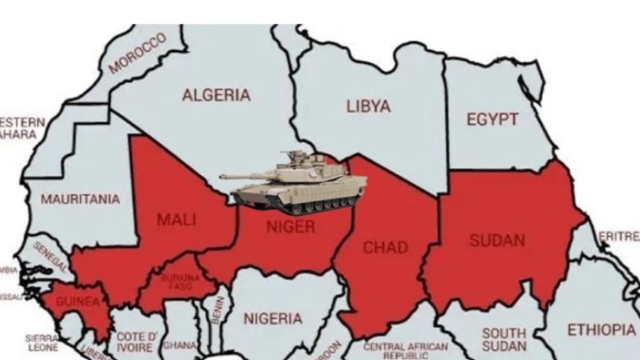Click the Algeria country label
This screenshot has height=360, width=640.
[217, 96]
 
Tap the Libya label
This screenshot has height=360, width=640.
[367, 107]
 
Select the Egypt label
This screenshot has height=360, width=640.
[491, 120]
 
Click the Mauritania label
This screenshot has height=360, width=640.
[80, 199]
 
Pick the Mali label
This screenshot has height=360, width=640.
[175, 219]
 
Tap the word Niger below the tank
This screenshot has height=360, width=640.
[291, 227]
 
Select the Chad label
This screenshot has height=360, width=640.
[385, 247]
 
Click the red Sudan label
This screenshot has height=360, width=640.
[497, 240]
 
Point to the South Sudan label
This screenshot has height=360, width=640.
[503, 339]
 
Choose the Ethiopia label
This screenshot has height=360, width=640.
[601, 329]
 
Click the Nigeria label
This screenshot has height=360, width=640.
[273, 319]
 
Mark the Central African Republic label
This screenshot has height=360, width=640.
[406, 350]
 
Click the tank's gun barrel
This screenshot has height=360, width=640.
[243, 177]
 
